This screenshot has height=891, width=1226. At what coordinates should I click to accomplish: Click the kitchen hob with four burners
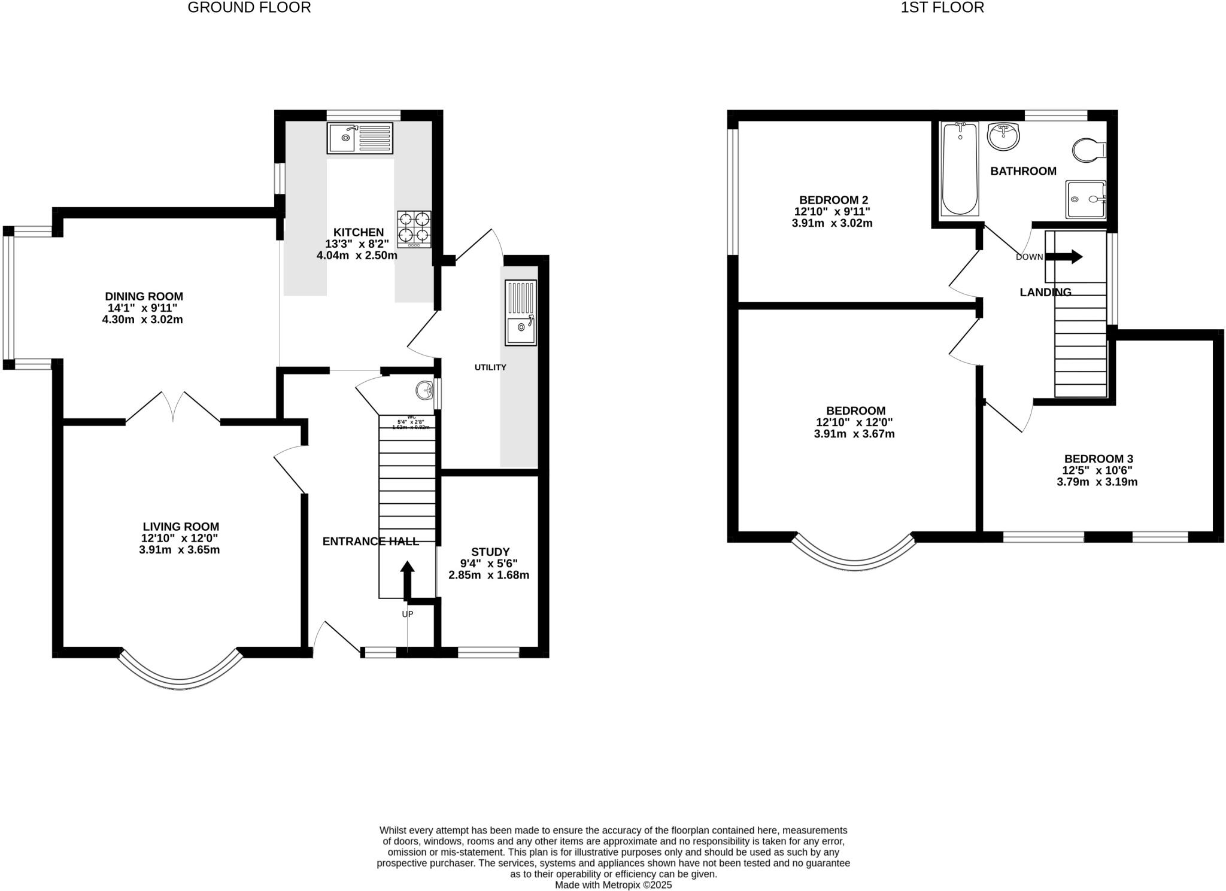[x=414, y=229]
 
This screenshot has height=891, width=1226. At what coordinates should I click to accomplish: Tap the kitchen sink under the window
[x=360, y=138]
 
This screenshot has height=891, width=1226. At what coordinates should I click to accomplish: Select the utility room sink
[x=521, y=312]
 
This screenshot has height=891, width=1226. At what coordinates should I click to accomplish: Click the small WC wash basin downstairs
[x=425, y=391]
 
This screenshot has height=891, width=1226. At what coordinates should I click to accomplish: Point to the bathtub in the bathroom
[x=960, y=168]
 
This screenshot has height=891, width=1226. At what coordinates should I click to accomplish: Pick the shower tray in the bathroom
[x=1085, y=199]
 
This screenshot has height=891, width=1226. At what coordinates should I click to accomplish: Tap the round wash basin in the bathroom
[x=1003, y=137]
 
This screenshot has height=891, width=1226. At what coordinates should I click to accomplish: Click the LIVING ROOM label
[x=180, y=527]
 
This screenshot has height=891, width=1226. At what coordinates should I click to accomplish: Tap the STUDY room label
[x=490, y=552]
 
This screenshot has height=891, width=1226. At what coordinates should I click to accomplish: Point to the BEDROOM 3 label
[x=1098, y=459]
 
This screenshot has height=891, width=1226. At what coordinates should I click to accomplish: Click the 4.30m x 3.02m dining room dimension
[x=142, y=320]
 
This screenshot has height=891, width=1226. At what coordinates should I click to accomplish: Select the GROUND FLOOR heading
[x=249, y=8]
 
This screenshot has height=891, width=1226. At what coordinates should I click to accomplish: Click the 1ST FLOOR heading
[x=942, y=8]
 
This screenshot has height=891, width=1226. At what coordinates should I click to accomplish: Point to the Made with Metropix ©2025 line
[x=613, y=884]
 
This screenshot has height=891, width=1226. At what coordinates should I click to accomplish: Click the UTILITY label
[x=490, y=367]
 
